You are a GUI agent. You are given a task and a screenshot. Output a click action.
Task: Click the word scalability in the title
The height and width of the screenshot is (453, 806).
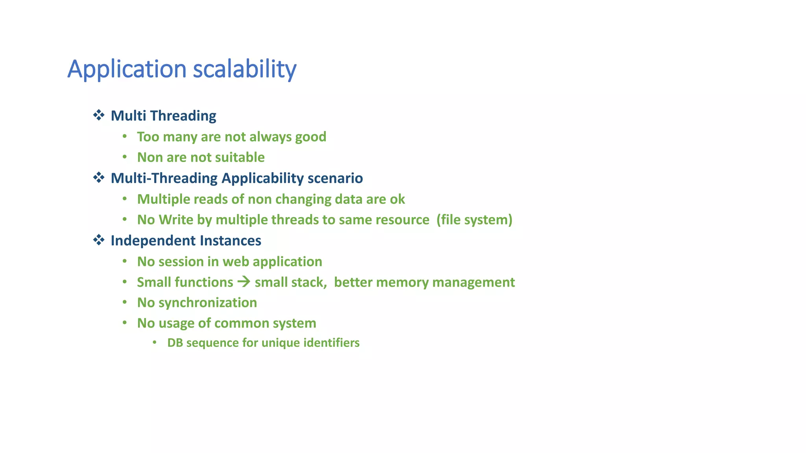(x=244, y=69)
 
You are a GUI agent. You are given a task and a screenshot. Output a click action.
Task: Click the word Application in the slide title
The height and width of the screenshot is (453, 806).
(x=127, y=69)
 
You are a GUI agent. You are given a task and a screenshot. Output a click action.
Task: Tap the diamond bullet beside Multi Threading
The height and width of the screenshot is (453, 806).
(x=99, y=115)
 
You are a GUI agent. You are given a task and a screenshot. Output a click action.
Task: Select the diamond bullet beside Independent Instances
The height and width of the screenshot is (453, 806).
(x=99, y=240)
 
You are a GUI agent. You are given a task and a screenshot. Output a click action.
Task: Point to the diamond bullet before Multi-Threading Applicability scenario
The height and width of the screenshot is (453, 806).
(x=99, y=178)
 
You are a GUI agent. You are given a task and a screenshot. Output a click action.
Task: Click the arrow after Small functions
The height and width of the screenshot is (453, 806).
(x=244, y=282)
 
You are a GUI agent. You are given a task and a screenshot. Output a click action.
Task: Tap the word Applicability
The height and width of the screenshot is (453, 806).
(x=262, y=178)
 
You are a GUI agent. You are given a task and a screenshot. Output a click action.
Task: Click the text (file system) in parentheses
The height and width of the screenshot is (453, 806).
(x=474, y=219)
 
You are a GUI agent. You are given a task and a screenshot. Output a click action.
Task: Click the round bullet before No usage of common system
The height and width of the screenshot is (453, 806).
(x=124, y=323)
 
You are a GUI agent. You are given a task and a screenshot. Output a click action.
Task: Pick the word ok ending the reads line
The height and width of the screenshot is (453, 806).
(x=397, y=199)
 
